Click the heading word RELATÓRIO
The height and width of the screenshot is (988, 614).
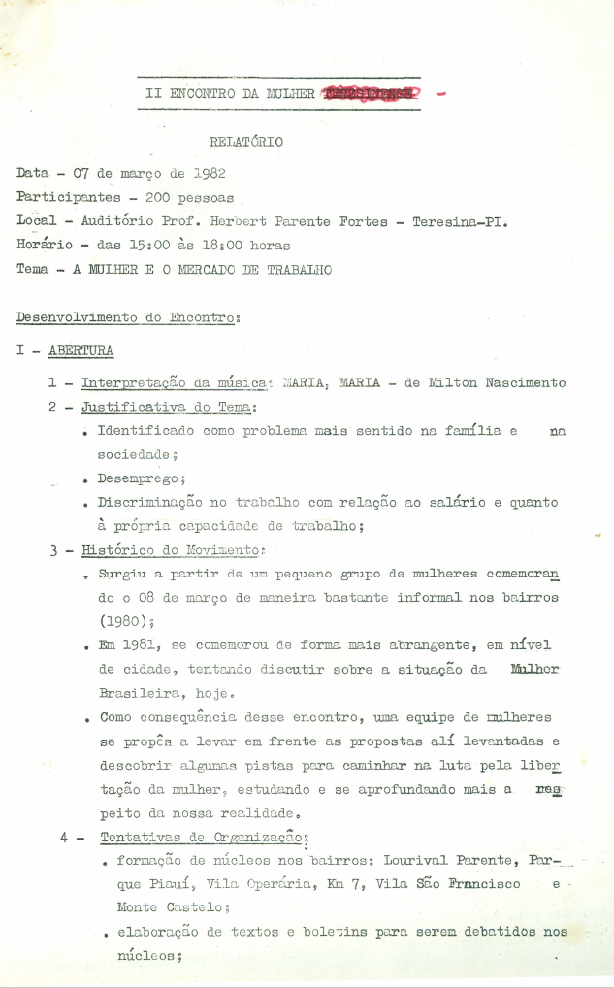tap(246, 141)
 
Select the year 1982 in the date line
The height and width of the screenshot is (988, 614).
tap(210, 173)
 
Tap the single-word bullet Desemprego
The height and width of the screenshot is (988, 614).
tap(141, 478)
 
